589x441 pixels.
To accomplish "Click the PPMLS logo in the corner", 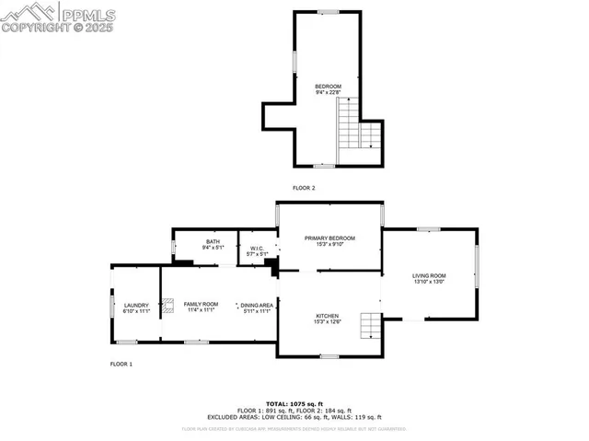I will (x=58, y=17).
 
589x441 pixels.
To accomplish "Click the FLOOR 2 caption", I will (x=304, y=188).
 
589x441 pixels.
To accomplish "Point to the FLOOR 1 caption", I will (x=121, y=364).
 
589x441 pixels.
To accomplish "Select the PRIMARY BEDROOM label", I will (x=329, y=238).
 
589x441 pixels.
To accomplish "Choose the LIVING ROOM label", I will (x=429, y=275).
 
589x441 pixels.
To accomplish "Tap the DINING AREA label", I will (x=258, y=305).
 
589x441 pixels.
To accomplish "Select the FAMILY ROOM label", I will (x=201, y=304).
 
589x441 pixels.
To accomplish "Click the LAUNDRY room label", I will (x=135, y=305).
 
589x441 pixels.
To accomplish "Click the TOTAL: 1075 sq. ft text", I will (x=294, y=403).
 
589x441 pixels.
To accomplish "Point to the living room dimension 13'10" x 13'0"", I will (x=429, y=282).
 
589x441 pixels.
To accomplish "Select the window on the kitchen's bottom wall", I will (x=329, y=355).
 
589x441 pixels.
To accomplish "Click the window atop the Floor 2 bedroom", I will (x=328, y=11).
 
